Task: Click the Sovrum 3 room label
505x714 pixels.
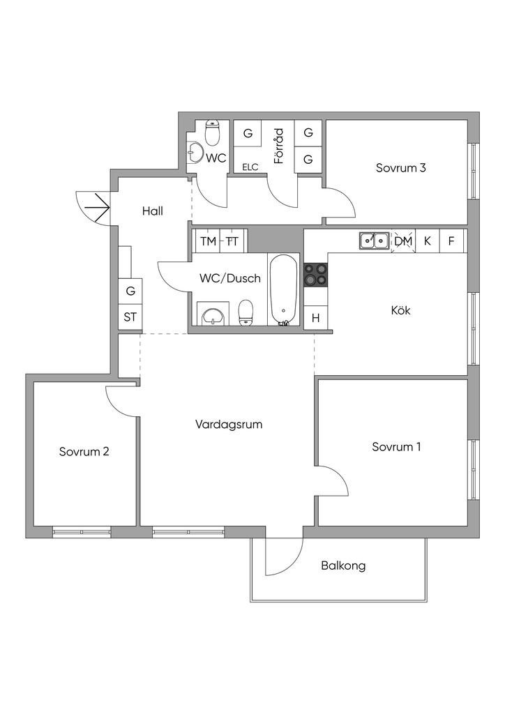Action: coord(400,167)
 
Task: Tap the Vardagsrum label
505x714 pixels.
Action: coord(229,424)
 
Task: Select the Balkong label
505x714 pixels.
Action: coord(343,565)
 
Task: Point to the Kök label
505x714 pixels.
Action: coord(400,310)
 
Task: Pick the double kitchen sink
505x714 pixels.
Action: coord(375,241)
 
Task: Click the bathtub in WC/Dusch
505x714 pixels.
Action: coord(285,290)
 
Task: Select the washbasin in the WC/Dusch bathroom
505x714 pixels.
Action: coord(212,315)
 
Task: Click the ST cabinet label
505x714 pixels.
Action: coord(130,317)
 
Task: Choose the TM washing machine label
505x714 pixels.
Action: coord(208,241)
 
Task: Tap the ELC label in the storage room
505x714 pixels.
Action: coord(250,167)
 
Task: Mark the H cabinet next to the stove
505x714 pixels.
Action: coord(315,318)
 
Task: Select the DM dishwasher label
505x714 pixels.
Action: coord(403,241)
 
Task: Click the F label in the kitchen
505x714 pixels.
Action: coord(451,241)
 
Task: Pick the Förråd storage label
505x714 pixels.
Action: coord(278,145)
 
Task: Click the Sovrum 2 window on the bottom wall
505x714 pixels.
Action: coord(82,533)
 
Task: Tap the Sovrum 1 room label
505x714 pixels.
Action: coord(396,447)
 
